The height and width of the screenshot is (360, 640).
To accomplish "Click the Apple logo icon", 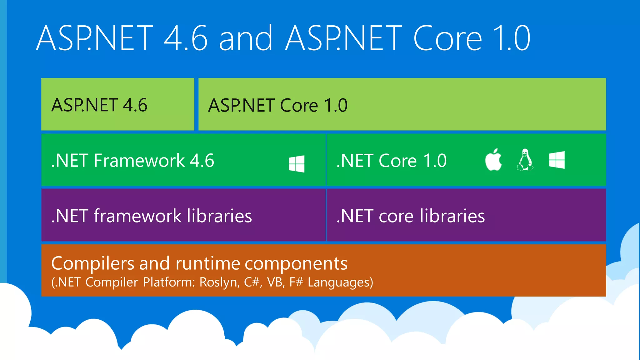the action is (493, 160).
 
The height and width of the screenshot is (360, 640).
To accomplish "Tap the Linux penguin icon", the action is (525, 160).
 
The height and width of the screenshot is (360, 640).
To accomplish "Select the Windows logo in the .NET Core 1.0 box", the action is (557, 160).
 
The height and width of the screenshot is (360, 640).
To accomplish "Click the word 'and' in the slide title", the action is (246, 38).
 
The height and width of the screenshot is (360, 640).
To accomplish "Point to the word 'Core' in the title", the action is (447, 38).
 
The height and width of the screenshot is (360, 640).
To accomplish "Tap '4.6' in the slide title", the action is (186, 38).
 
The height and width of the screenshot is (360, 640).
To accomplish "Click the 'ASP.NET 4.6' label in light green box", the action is (99, 105).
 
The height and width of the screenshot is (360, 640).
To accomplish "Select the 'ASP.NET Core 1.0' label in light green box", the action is (278, 105).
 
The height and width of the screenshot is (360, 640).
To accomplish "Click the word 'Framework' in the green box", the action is (139, 161).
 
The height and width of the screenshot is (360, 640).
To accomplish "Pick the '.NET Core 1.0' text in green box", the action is (391, 161).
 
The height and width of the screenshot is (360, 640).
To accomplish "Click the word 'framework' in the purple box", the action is (137, 216).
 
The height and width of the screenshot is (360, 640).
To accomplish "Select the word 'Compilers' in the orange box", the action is (93, 263).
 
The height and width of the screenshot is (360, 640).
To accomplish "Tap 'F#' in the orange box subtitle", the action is (296, 282).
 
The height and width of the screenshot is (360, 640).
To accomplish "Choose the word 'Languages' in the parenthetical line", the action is (340, 282).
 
